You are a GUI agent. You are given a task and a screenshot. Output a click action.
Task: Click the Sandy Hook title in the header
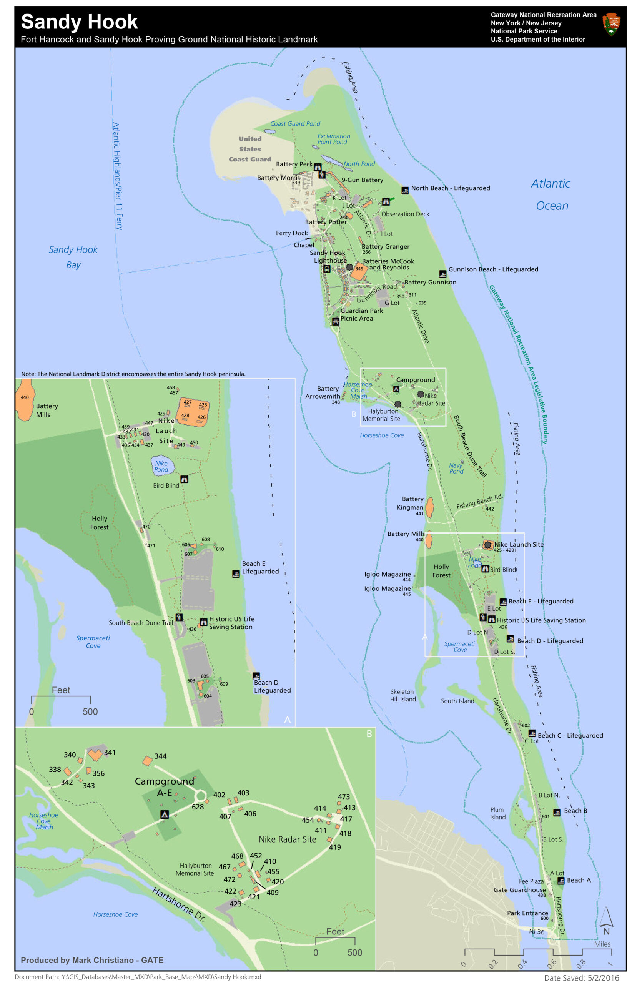click(79, 22)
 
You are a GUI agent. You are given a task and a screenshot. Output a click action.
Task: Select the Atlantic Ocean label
click(551, 194)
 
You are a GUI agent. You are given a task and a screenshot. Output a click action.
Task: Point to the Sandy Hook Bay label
click(73, 257)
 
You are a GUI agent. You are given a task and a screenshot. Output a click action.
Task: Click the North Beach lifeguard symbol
click(405, 190)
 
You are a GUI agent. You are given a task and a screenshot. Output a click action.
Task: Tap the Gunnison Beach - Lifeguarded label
click(493, 269)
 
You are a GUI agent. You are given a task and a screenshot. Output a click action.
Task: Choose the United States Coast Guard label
click(250, 149)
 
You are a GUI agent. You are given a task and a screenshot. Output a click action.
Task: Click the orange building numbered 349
click(358, 269)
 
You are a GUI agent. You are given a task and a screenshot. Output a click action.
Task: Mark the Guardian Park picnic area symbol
click(336, 321)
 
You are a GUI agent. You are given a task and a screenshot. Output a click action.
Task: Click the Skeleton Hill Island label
click(402, 695)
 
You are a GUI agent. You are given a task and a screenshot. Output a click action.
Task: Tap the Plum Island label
click(497, 813)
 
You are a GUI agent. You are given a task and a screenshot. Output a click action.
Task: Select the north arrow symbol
click(606, 918)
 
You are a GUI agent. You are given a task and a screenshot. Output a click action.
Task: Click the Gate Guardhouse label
click(519, 890)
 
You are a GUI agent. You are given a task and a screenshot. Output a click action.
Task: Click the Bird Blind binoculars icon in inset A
click(185, 479)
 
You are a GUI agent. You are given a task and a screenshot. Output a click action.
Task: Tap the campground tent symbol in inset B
click(165, 814)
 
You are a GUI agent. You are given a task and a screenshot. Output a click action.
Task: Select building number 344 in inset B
click(147, 761)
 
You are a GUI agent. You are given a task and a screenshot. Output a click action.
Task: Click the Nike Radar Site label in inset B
click(287, 839)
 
